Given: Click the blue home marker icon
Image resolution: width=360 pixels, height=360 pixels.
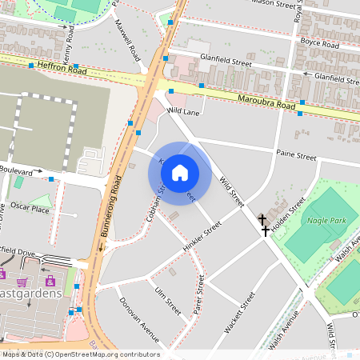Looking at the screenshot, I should [x=180, y=173].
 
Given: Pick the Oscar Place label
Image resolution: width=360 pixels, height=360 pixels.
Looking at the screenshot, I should [x=30, y=209].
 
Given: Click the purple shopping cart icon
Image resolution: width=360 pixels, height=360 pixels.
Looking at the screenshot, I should [x=22, y=282].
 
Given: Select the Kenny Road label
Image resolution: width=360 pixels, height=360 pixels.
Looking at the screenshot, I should [x=70, y=36].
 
